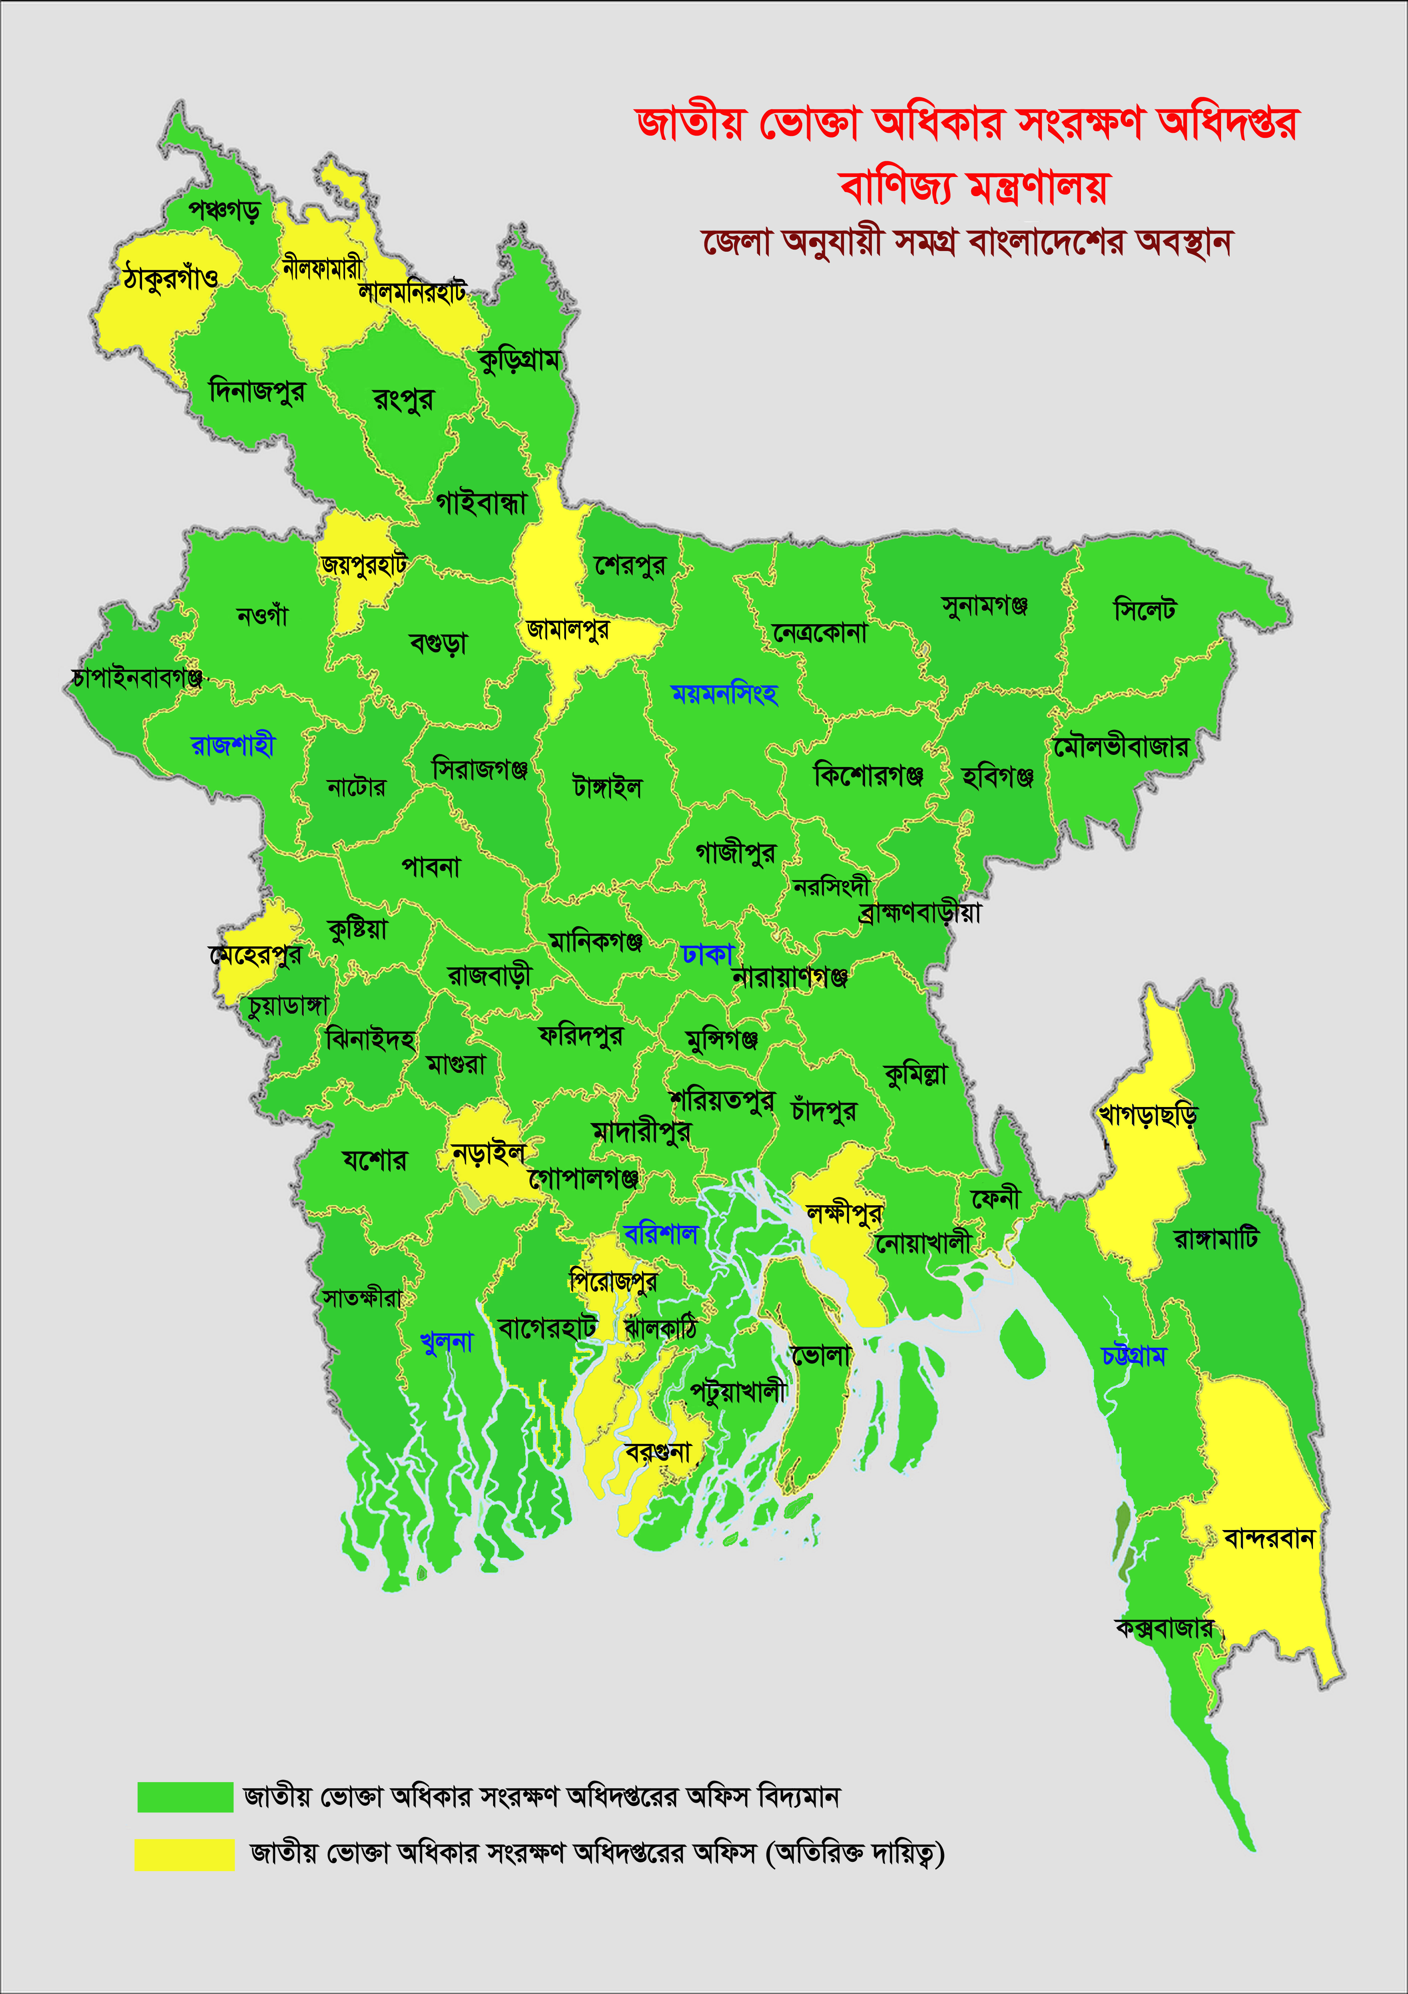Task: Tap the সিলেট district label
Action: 1144,610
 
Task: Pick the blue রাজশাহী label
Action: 232,744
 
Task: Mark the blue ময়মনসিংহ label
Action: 724,693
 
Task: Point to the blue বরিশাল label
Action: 661,1233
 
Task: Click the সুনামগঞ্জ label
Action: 984,605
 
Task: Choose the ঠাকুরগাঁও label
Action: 170,278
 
